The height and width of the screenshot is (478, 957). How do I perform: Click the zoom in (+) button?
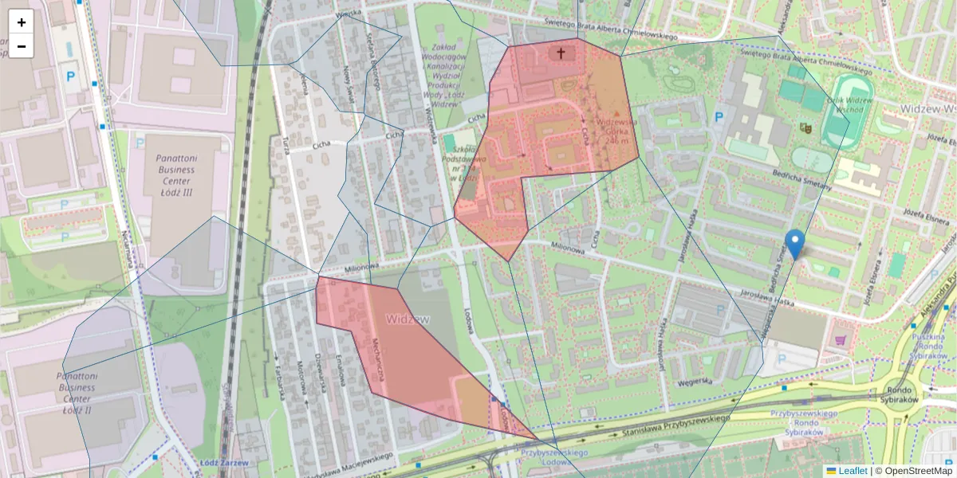coord(21,22)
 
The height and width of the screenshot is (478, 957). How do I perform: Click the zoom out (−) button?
coord(21,46)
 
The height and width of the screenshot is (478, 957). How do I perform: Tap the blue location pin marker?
coord(794,243)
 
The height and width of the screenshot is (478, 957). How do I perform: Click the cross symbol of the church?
coord(561,53)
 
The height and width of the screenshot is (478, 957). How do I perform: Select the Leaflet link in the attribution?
coord(852,471)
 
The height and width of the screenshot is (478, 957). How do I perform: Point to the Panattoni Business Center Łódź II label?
coord(77,387)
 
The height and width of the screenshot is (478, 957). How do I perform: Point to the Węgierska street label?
coord(691,380)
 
